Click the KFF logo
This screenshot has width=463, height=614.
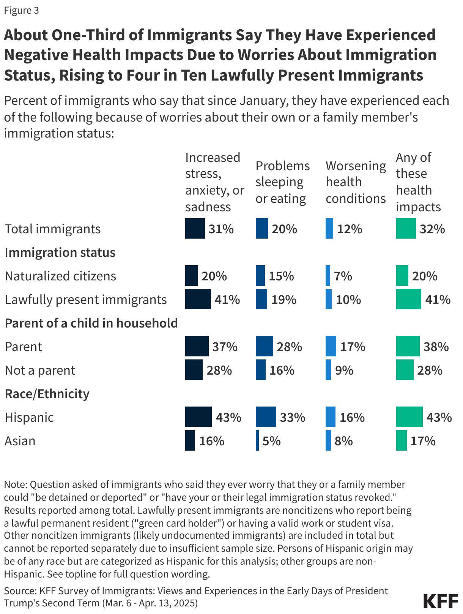[x=440, y=601]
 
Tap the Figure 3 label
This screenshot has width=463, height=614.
[x=21, y=10]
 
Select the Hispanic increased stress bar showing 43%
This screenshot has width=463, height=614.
[x=198, y=417]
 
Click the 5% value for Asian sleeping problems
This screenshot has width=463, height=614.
[x=271, y=441]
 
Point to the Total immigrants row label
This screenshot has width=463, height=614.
[x=53, y=229]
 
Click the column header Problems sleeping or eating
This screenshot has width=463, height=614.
[x=282, y=182]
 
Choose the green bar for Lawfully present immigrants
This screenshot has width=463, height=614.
[x=408, y=299]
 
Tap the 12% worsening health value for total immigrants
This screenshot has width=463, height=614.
[x=350, y=229]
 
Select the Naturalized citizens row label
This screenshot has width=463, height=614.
[x=60, y=276]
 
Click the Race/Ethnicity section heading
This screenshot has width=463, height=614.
[x=47, y=394]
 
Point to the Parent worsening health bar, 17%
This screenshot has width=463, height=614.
[x=331, y=346]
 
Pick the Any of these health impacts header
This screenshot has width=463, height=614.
[x=418, y=182]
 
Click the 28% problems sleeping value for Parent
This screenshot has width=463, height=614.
[x=289, y=347]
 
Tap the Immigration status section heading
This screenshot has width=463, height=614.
[x=60, y=252]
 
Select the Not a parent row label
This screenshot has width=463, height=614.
[x=40, y=370]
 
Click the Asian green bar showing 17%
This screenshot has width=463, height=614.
[x=401, y=440]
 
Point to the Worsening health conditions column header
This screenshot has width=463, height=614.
[x=355, y=182]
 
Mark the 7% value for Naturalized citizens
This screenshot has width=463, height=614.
[x=343, y=276]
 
